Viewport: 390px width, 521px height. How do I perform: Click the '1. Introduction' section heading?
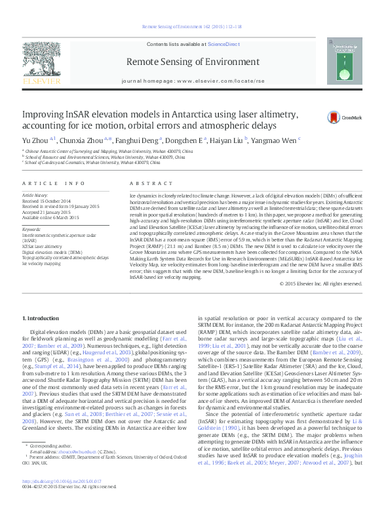click(44, 318)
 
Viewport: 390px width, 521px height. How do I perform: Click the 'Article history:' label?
click(36, 196)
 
